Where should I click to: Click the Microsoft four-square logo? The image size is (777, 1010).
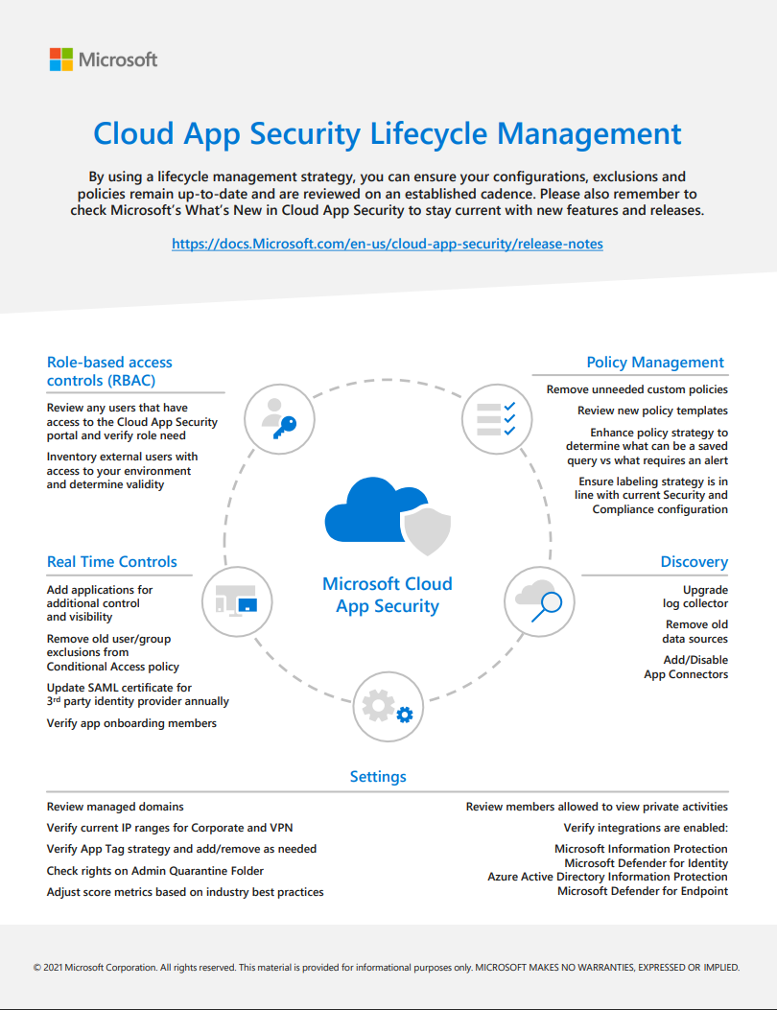(x=61, y=59)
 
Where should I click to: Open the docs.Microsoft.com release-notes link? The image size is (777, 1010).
(x=388, y=244)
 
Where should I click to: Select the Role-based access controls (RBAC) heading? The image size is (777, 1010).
(x=109, y=371)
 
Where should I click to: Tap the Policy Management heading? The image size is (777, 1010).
(x=655, y=362)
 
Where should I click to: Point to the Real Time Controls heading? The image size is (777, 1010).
(x=112, y=562)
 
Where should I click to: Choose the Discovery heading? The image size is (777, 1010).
(x=694, y=562)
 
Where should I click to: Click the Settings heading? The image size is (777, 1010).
(x=378, y=777)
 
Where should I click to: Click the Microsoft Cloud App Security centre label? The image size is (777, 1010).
(x=388, y=595)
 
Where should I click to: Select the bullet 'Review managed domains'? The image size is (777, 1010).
(x=115, y=807)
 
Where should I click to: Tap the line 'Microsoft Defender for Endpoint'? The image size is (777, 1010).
(x=642, y=891)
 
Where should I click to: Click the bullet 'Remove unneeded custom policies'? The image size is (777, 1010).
(x=637, y=389)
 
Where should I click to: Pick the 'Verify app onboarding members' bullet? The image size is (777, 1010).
(x=131, y=723)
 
